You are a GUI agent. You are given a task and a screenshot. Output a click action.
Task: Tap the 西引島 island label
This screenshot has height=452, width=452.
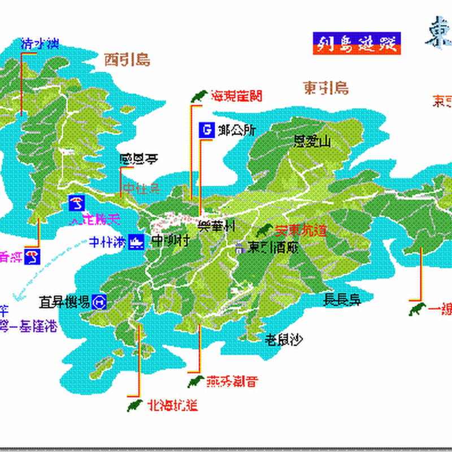tap(127, 60)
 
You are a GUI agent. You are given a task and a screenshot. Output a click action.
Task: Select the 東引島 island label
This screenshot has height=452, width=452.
tap(325, 88)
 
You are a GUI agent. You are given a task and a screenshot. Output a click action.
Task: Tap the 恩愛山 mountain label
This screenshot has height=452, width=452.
tap(311, 142)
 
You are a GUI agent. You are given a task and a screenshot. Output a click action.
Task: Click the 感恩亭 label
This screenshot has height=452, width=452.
tap(138, 159)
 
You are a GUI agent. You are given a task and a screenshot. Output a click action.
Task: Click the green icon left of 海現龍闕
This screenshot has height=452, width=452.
tap(197, 97)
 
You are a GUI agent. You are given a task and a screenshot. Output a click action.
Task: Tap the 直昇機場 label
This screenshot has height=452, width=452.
tap(64, 302)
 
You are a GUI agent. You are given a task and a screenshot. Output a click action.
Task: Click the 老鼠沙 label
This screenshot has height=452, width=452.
tap(284, 339)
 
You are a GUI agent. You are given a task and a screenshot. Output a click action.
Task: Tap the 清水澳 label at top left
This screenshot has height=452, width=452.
tap(40, 44)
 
